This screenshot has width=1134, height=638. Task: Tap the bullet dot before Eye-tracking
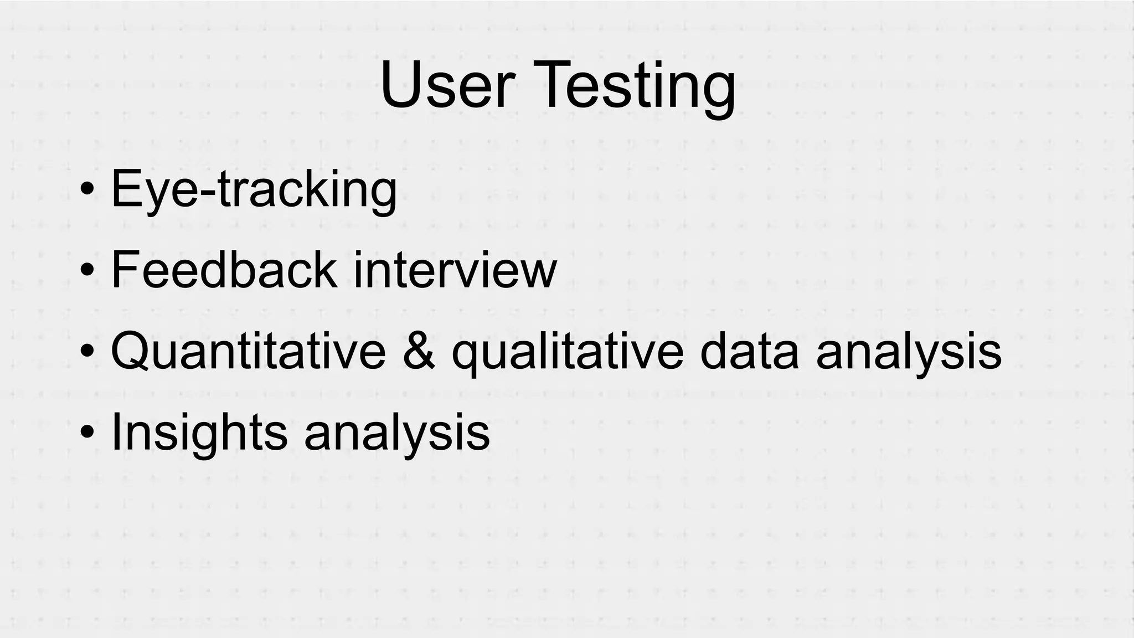point(87,190)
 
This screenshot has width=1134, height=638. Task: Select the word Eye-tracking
point(254,190)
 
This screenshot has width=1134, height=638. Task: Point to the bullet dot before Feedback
point(87,271)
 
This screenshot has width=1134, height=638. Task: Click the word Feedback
point(223,270)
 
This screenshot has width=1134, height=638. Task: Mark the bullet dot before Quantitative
point(87,352)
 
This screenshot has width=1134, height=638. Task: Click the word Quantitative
point(248,352)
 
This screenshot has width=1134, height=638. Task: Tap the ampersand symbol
point(419,352)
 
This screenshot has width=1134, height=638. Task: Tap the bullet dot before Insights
point(87,433)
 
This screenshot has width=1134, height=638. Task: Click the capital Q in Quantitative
point(131,352)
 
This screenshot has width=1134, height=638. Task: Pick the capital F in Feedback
point(125,270)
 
